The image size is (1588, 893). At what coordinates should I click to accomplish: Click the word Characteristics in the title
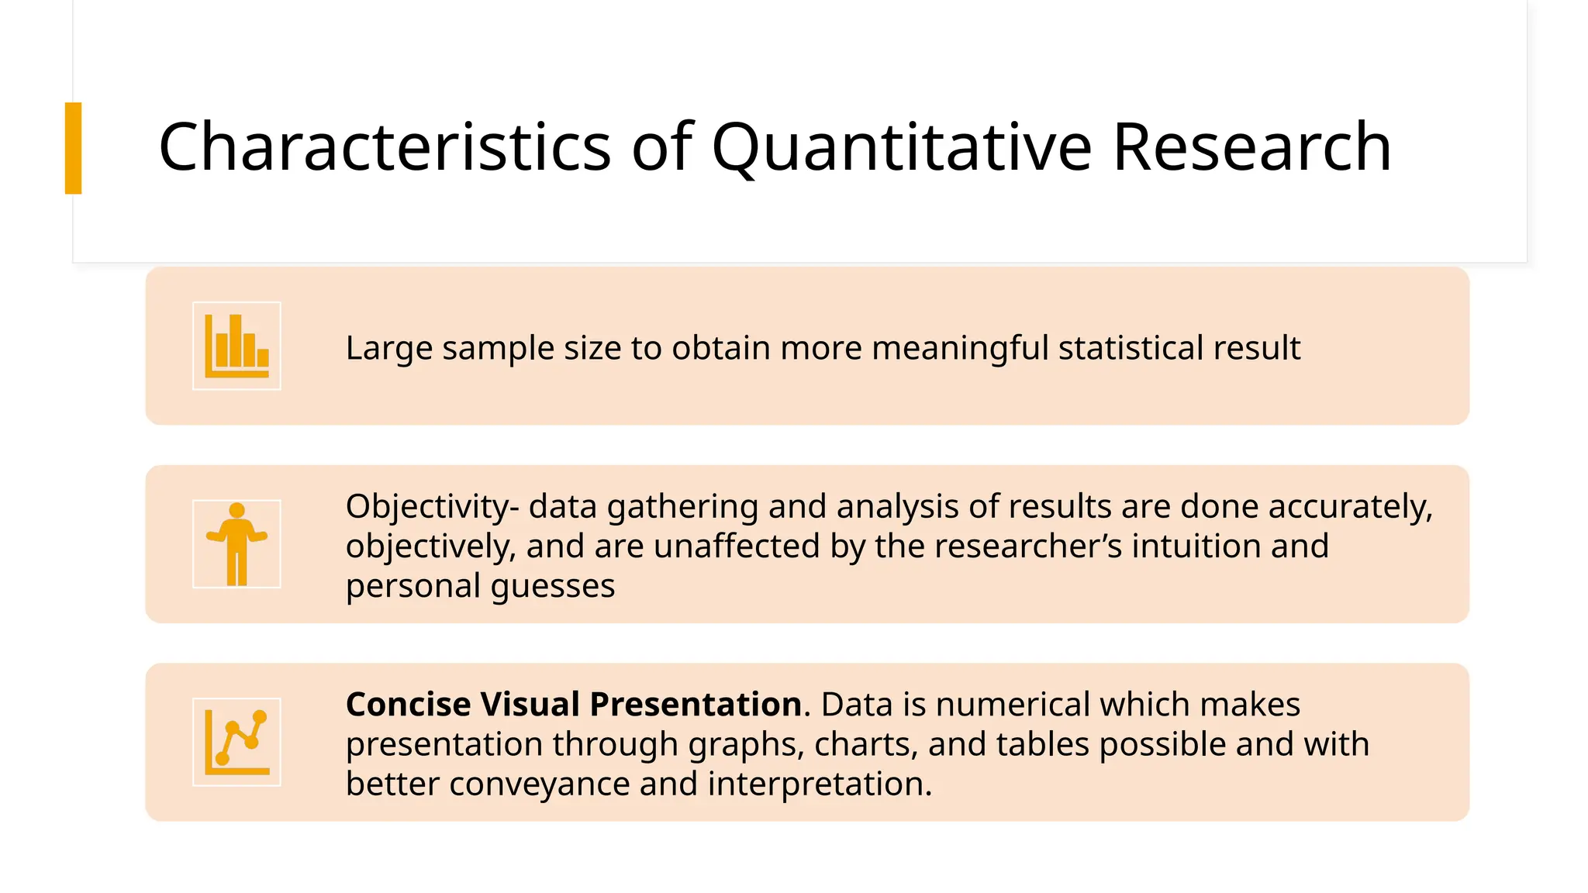385,147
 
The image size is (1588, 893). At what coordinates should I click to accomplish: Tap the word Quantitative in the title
901,147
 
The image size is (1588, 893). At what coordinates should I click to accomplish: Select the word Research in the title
1251,147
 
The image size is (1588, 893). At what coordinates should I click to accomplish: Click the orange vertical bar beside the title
73,148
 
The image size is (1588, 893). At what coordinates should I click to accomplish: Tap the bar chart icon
236,346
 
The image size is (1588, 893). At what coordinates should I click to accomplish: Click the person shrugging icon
236,544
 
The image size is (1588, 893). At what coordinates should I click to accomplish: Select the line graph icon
236,743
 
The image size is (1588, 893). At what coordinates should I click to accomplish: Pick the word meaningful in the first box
960,348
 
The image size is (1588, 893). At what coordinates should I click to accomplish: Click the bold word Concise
408,705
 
